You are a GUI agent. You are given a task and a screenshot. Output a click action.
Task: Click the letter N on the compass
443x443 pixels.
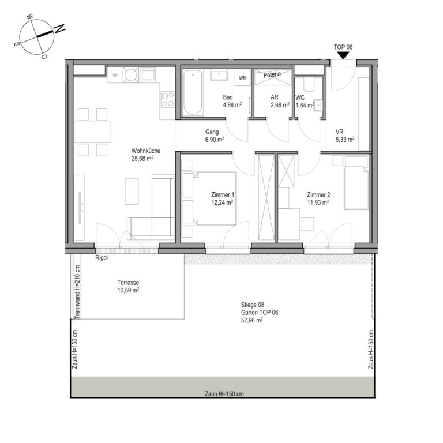tap(60, 28)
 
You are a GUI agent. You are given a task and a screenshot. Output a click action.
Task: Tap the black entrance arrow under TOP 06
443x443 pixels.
tap(343, 55)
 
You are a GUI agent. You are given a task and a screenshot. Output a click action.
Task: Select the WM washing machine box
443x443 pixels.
tap(243, 78)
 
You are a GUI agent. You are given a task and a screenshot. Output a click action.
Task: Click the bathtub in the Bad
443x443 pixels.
tap(193, 92)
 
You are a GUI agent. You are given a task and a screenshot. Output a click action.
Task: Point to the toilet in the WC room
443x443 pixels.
tap(309, 84)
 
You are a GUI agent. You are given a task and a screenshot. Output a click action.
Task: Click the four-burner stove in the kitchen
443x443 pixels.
tap(167, 99)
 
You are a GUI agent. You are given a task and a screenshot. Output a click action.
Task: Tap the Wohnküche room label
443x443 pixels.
tap(146, 151)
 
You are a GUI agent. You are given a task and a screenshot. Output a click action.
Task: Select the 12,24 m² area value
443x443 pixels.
tap(222, 202)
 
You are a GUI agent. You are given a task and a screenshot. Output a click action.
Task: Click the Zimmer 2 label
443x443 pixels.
tap(318, 194)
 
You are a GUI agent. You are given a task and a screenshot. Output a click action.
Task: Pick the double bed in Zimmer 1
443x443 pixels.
tap(209, 198)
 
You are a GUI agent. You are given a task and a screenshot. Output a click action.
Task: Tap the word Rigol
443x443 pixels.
tap(102, 258)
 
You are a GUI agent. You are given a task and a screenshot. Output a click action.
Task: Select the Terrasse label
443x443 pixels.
tap(128, 283)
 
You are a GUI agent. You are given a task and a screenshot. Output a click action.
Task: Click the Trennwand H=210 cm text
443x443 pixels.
tap(77, 292)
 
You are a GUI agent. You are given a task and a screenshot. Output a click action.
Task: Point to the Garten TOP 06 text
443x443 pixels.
tap(260, 313)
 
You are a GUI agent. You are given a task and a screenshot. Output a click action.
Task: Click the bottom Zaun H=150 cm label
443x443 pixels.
tap(224, 394)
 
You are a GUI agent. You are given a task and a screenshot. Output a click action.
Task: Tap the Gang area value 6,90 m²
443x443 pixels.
tap(215, 139)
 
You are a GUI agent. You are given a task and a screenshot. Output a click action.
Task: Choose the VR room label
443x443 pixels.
tap(339, 132)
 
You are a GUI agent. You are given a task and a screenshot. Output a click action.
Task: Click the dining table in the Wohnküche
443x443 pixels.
tap(92, 132)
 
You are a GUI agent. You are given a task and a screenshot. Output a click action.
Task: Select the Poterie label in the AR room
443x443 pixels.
tap(272, 74)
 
